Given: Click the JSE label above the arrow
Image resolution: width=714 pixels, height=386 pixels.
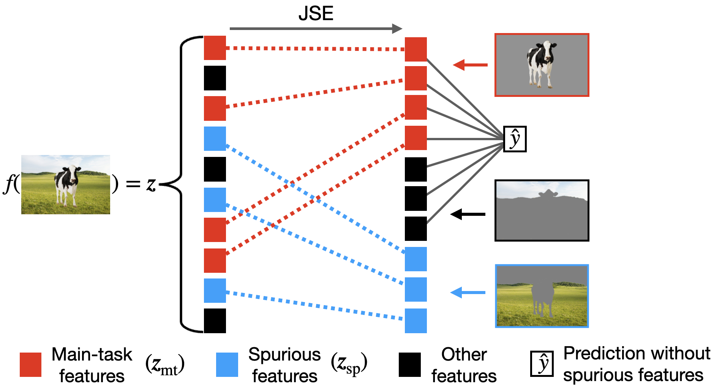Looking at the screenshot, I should [x=316, y=14].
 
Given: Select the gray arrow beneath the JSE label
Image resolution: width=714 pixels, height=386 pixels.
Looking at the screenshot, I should [x=315, y=28].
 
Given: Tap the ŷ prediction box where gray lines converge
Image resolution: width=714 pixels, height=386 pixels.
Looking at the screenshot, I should [x=515, y=139].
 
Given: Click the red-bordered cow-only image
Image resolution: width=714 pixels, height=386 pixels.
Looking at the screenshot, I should [x=542, y=65].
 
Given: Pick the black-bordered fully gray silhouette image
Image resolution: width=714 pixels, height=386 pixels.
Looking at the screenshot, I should [x=542, y=210].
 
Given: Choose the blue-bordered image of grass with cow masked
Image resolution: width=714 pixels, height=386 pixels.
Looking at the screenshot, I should [x=542, y=296].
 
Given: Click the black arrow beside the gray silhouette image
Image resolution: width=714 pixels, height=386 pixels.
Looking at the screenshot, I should [x=468, y=214].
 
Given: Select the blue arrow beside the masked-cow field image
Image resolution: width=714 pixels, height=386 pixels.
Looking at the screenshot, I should [x=468, y=293].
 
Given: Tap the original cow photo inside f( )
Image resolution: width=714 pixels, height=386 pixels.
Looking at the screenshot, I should [x=66, y=185].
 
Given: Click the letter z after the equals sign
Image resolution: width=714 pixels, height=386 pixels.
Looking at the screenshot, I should [x=151, y=185].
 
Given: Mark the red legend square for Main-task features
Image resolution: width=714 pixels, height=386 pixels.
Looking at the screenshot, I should [x=30, y=365].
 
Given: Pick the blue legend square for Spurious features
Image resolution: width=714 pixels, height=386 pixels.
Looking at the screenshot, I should [x=227, y=365].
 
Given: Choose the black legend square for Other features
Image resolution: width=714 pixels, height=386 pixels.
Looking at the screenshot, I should [x=410, y=365].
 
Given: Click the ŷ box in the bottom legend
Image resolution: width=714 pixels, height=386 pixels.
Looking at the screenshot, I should [x=542, y=364].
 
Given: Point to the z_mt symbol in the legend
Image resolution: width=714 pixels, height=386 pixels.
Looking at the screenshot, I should [x=165, y=365].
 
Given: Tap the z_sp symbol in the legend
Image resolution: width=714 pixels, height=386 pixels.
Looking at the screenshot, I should [x=349, y=364].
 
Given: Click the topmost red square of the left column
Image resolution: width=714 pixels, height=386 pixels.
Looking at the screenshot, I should [x=215, y=48].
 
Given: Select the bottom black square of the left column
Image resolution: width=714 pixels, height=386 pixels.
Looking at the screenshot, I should [x=215, y=321].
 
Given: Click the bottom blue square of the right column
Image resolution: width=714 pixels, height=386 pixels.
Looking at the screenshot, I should [x=416, y=321].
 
